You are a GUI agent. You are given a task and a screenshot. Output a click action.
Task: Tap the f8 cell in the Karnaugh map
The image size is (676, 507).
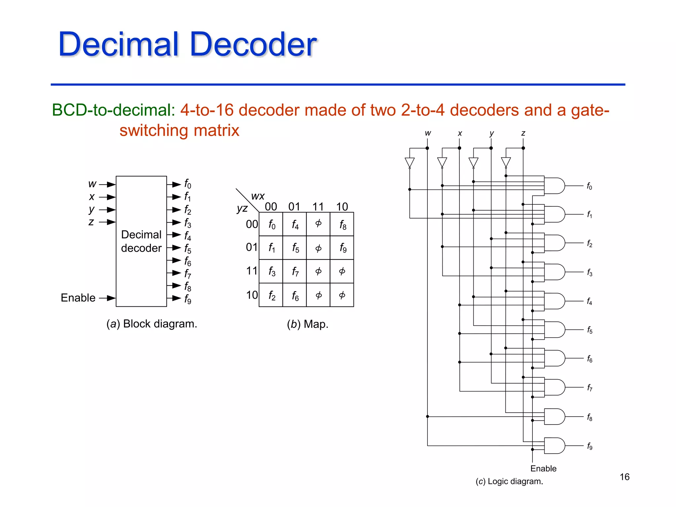click(x=342, y=224)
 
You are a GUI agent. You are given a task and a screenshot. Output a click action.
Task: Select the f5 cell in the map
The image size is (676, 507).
click(x=295, y=248)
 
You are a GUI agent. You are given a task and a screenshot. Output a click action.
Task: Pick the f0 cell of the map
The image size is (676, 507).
click(x=271, y=224)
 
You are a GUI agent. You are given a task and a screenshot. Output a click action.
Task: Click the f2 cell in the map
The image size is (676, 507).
click(x=271, y=295)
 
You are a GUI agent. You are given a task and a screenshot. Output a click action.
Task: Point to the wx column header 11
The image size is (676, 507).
click(x=318, y=207)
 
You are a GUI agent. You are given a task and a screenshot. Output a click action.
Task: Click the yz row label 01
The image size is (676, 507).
click(x=252, y=247)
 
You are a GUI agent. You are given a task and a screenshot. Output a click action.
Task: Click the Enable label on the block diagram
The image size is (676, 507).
click(x=78, y=298)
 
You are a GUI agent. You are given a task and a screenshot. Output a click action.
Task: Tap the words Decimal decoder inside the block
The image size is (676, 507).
click(x=141, y=241)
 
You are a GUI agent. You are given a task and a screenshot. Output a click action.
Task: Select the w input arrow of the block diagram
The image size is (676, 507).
click(x=107, y=184)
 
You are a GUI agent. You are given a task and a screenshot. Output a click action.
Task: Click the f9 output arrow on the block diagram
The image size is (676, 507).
click(x=174, y=298)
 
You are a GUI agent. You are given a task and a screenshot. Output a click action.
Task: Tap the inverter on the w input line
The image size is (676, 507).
click(x=410, y=163)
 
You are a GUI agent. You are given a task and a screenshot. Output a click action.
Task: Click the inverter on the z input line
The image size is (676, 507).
click(x=506, y=163)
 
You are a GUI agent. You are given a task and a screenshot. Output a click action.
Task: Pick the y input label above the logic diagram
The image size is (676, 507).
click(x=491, y=133)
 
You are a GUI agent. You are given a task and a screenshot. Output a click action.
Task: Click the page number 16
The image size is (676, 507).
click(x=625, y=477)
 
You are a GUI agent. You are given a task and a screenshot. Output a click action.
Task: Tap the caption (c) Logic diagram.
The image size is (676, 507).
click(x=509, y=481)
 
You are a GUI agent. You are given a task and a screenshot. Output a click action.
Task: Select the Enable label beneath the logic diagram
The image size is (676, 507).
click(x=543, y=468)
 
